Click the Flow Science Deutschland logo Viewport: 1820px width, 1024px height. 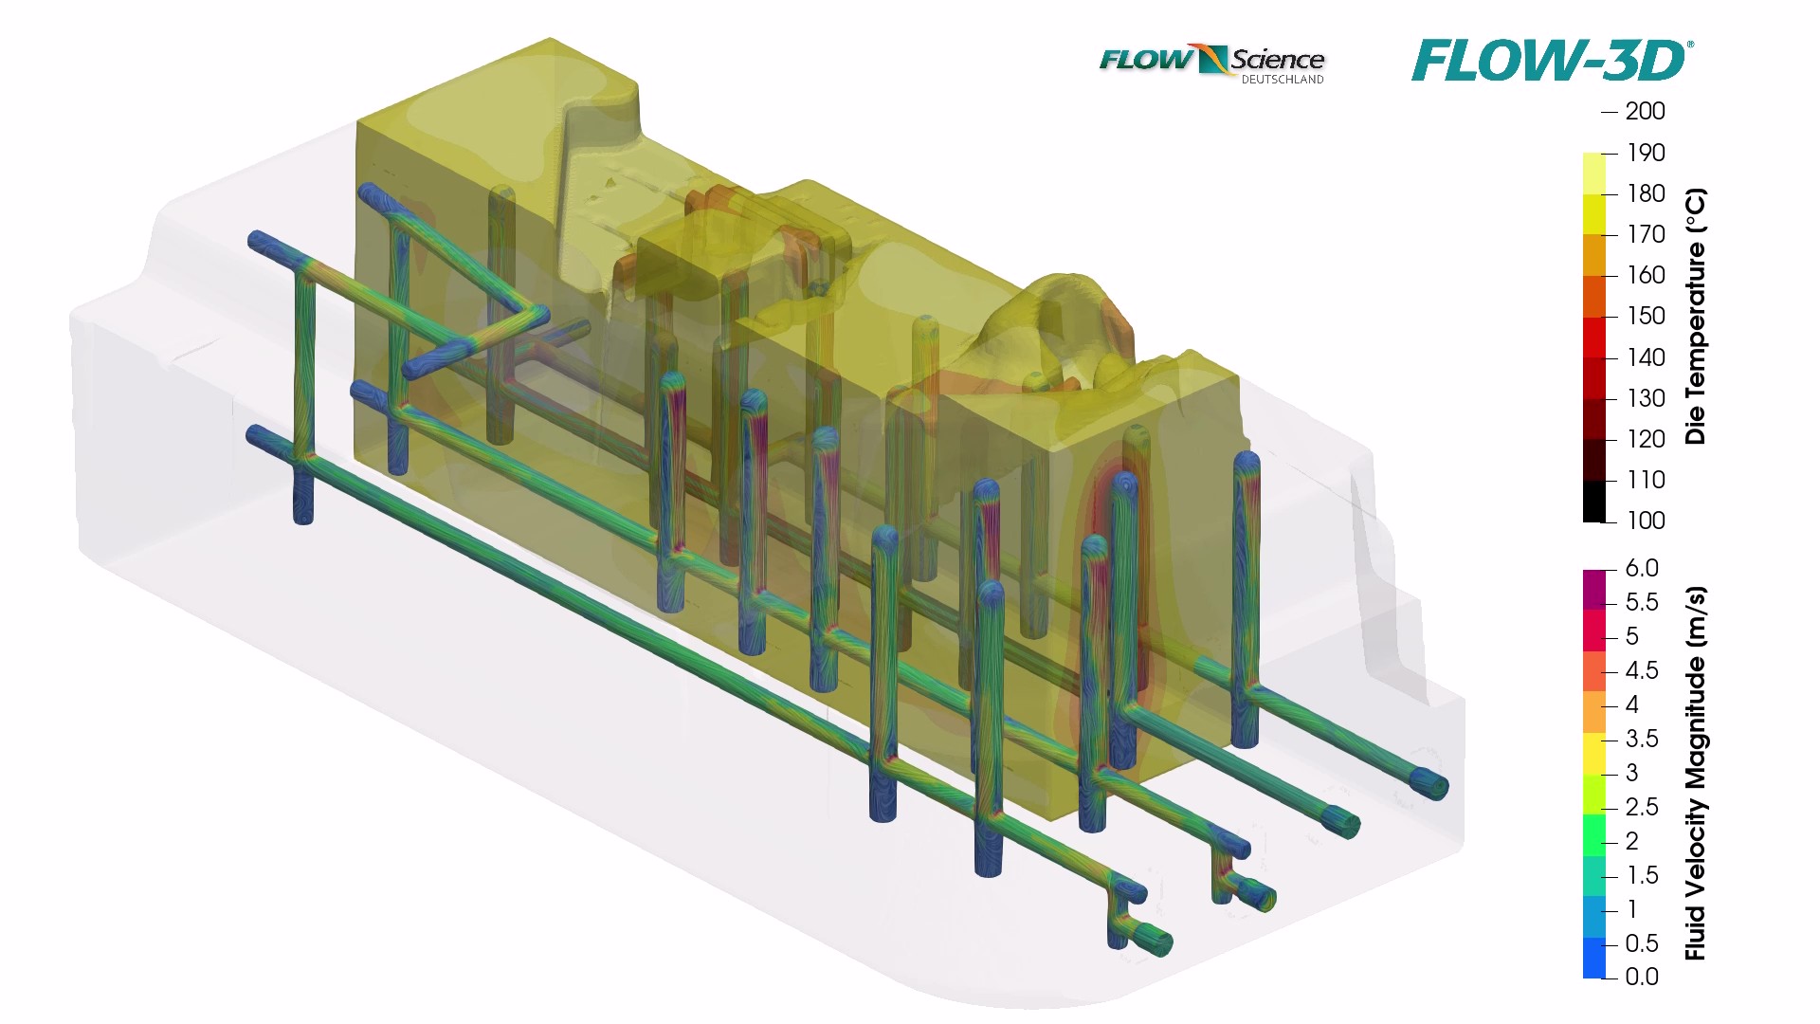(x=1211, y=63)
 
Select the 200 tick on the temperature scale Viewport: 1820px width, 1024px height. (x=1645, y=112)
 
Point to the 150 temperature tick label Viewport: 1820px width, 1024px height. (x=1646, y=316)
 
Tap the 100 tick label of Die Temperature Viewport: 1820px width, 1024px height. (x=1646, y=521)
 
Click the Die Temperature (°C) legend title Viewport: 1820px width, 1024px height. (x=1696, y=317)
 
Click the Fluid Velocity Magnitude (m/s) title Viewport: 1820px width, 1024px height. (x=1696, y=773)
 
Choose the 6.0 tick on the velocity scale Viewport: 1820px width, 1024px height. (x=1642, y=568)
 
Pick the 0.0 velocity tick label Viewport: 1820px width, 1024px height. (x=1642, y=977)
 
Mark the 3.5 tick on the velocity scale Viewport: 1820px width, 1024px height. (x=1642, y=739)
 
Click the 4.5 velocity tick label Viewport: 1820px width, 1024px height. (x=1642, y=670)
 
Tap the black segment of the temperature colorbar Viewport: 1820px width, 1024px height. (x=1593, y=502)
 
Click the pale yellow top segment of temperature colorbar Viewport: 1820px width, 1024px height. (x=1593, y=174)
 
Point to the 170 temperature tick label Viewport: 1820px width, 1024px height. (x=1646, y=234)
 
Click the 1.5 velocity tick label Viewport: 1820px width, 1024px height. (x=1642, y=875)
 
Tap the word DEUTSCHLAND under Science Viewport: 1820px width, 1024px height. (x=1282, y=80)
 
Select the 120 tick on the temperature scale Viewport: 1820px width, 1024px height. (x=1646, y=439)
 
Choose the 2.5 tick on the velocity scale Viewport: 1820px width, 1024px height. (x=1642, y=807)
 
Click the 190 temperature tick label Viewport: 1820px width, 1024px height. (x=1646, y=153)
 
